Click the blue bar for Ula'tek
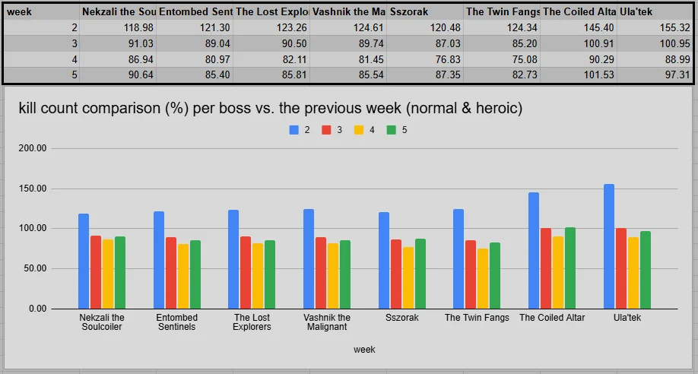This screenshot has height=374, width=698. (609, 246)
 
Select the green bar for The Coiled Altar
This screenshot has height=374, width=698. (570, 268)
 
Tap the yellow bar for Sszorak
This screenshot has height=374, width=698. (408, 277)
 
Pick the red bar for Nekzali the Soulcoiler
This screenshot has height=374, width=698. (96, 272)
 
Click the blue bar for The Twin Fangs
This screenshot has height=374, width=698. (458, 258)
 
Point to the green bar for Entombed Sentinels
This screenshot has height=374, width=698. (195, 274)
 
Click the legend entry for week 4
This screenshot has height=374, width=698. (363, 130)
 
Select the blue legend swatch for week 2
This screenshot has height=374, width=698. (293, 130)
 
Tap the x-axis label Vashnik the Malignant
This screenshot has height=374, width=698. (327, 322)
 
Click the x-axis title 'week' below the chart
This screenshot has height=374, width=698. (364, 350)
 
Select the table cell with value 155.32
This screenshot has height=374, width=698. (655, 27)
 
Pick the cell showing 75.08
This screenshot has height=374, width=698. (502, 59)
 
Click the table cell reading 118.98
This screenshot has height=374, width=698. (118, 27)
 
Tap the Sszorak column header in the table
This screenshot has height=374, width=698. (425, 11)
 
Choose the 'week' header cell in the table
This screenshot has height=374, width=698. (41, 11)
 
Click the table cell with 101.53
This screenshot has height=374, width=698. (579, 74)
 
